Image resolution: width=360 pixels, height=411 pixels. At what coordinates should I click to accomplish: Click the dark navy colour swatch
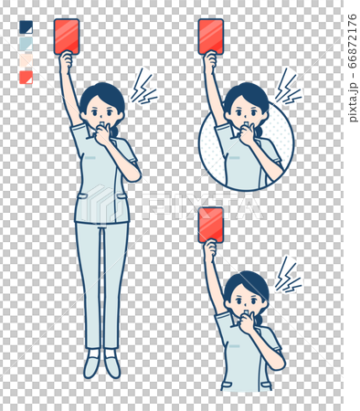pyautogui.click(x=26, y=27)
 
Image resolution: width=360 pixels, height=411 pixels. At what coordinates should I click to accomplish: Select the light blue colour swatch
pyautogui.click(x=26, y=44)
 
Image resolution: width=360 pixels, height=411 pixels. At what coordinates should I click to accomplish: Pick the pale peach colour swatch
pyautogui.click(x=26, y=60)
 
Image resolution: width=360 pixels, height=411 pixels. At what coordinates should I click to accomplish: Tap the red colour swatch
pyautogui.click(x=26, y=78)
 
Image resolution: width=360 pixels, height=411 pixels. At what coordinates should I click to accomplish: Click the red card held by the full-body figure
pyautogui.click(x=67, y=37)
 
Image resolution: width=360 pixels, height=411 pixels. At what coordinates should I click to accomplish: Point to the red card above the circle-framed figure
pyautogui.click(x=211, y=37)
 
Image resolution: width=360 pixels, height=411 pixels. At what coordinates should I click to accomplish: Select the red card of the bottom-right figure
pyautogui.click(x=211, y=225)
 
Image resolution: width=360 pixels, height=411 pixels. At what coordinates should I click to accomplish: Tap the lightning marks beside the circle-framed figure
pyautogui.click(x=288, y=86)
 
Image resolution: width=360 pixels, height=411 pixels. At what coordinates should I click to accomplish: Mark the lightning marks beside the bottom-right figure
pyautogui.click(x=288, y=275)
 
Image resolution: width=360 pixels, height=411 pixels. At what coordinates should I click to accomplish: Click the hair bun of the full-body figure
pyautogui.click(x=115, y=132)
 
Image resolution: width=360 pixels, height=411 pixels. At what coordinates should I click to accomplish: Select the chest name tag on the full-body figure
pyautogui.click(x=90, y=158)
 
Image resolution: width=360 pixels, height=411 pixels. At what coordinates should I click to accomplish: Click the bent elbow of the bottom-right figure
pyautogui.click(x=278, y=363)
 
